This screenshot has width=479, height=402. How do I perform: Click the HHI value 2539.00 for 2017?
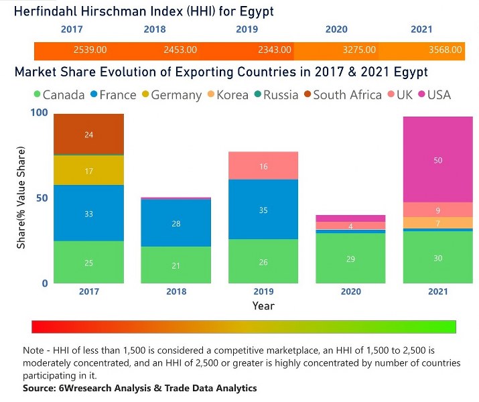(90, 50)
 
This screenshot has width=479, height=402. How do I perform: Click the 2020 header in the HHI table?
(336, 29)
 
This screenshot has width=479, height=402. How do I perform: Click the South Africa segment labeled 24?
(89, 135)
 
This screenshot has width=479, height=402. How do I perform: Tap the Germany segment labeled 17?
(89, 171)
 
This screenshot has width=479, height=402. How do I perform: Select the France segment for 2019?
(263, 210)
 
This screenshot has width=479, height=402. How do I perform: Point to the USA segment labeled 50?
(438, 160)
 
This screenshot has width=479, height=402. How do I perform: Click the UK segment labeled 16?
(263, 165)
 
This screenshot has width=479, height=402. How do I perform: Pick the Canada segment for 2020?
(350, 259)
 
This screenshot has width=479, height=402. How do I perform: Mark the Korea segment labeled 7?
(438, 222)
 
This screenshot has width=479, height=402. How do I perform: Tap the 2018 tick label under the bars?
(176, 292)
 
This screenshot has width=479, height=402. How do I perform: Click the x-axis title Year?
(263, 306)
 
